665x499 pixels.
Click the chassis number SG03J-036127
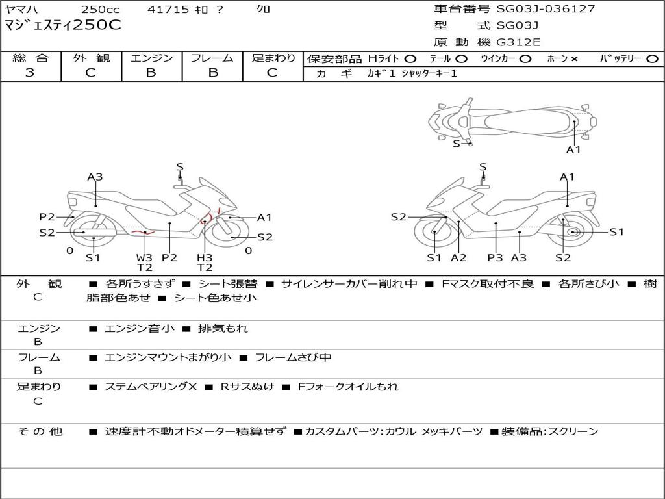[x=546, y=9]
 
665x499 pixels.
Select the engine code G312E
[x=518, y=42]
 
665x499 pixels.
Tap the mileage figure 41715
[x=168, y=10]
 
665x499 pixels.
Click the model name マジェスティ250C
[x=63, y=26]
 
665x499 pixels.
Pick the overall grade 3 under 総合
[x=30, y=73]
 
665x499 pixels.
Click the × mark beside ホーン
[x=574, y=59]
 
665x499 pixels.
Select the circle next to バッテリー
[x=652, y=59]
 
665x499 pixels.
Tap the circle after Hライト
[x=410, y=59]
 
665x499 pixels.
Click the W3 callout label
[x=144, y=257]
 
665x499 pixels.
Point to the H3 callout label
[x=205, y=257]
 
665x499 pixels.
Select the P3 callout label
[x=495, y=258]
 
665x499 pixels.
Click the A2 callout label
[x=458, y=258]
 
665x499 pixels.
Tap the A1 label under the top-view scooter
[x=573, y=150]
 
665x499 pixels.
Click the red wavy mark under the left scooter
[x=142, y=231]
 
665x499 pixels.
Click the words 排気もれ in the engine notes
[x=223, y=329]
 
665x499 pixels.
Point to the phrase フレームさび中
[x=293, y=357]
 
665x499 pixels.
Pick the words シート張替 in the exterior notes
[x=227, y=284]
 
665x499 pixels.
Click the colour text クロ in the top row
[x=263, y=10]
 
